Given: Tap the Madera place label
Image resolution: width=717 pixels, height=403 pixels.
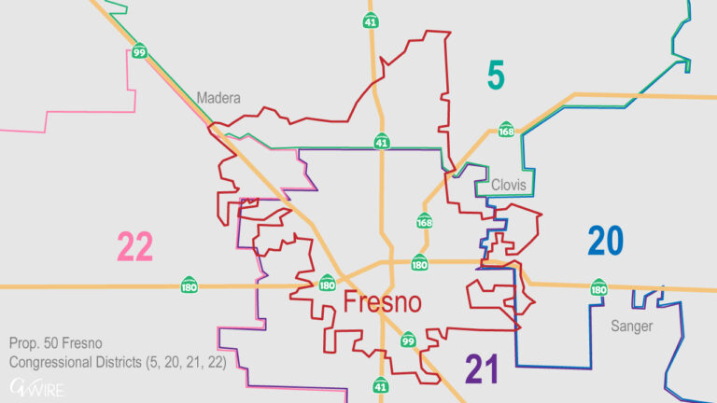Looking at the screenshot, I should point(218,98).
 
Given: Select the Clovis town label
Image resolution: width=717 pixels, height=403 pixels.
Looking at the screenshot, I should point(509,186).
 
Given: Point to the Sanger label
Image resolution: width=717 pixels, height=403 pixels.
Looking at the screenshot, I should point(632,327).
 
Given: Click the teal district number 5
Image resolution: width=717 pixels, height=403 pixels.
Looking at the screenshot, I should point(496,75).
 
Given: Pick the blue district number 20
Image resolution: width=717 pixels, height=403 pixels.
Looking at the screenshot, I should point(605,242).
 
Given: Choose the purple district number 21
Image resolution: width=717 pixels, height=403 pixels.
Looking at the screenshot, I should point(482,369).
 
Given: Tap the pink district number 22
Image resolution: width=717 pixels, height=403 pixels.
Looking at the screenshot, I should point(134,247).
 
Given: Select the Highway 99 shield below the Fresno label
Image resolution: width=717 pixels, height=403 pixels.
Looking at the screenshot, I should point(408,341).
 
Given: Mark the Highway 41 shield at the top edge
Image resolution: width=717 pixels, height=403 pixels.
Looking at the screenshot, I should point(372,21).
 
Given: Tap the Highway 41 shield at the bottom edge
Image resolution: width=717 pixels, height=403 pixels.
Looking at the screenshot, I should point(381,384).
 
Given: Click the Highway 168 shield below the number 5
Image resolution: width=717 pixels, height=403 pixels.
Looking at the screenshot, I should point(506,131).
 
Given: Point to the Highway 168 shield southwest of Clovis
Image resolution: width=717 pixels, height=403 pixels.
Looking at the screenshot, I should point(425,222).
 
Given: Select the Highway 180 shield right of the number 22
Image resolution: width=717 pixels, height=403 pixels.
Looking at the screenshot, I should point(190,283).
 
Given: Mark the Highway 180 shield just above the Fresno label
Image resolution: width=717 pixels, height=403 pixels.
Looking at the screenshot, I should point(420,263).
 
